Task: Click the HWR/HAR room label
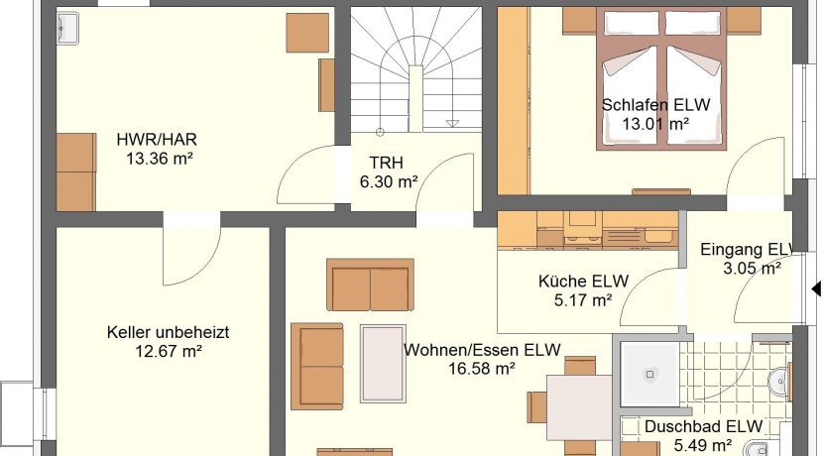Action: [157, 140]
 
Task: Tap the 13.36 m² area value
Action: [159, 158]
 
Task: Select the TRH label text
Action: [387, 163]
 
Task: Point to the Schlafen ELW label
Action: [655, 105]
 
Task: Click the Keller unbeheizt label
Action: [168, 332]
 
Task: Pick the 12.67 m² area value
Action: [169, 351]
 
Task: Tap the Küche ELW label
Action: [583, 282]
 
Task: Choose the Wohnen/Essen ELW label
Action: [482, 350]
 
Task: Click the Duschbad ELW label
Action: [703, 426]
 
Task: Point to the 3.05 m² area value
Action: [752, 268]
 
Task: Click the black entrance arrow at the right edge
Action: [816, 288]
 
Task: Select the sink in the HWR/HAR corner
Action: [67, 26]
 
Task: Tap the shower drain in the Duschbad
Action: [649, 375]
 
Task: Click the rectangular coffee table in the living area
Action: [383, 364]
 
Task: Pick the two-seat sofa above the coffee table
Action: [370, 285]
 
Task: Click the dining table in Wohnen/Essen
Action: [579, 407]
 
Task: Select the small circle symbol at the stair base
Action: [380, 132]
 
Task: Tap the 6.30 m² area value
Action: [389, 181]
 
